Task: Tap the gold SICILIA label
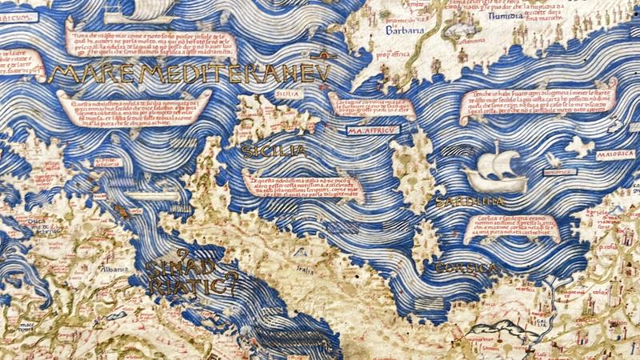point(273,150)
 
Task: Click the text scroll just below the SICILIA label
point(300,186)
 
